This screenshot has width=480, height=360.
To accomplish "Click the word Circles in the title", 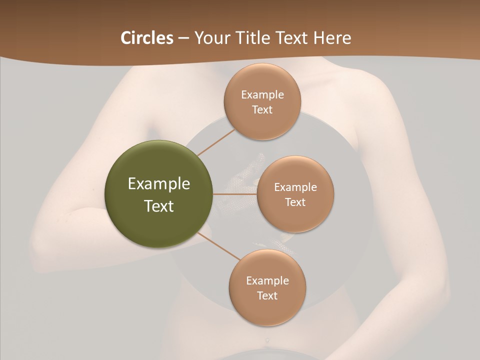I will pos(147,38).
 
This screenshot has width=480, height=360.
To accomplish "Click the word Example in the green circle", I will pos(159,184).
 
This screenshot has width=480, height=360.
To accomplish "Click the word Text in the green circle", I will pos(159,206).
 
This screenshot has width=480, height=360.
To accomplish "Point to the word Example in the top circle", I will pos(262,95).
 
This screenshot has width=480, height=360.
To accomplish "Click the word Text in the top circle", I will pos(262,110).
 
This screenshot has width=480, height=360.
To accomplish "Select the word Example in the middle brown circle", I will pos(295,187).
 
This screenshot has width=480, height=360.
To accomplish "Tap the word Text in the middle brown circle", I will pos(295,202).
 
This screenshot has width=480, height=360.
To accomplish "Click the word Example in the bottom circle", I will pos(267,280).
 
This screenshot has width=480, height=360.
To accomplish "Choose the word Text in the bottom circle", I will pos(267,295).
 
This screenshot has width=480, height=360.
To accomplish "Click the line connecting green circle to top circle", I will pos(216,142).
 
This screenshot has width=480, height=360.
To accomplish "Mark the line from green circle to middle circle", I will pos(235,194).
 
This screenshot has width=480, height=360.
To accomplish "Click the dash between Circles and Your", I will pos(183,38).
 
